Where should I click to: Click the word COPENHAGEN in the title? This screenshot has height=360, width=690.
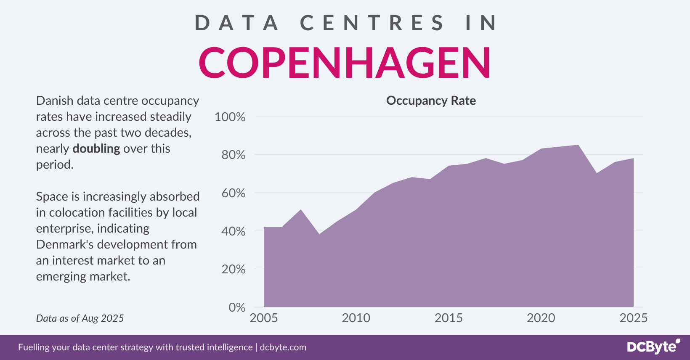345,63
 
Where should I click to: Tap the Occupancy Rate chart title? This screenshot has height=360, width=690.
431,101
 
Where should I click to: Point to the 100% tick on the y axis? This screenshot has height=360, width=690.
230,117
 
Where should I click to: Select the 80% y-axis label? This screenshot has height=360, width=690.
233,155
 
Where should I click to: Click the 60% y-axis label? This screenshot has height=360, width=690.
233,193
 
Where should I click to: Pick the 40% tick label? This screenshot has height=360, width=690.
233,231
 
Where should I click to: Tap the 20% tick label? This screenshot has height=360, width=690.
233,269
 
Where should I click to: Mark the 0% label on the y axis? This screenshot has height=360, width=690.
237,307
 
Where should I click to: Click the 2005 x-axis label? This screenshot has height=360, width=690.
264,318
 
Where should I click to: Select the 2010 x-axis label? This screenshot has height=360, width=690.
356,318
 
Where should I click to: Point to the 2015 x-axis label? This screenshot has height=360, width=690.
448,318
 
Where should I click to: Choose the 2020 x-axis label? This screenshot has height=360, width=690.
541,318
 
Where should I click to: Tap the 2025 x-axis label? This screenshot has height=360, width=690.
633,318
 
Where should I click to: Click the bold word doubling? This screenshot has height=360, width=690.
96,149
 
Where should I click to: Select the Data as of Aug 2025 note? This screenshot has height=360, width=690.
80,318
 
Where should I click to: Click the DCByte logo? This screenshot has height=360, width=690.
653,347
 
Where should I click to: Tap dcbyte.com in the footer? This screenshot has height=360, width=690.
283,347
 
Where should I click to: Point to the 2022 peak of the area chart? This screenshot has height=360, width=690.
578,146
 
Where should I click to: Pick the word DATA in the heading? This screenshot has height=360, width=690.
237,23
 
